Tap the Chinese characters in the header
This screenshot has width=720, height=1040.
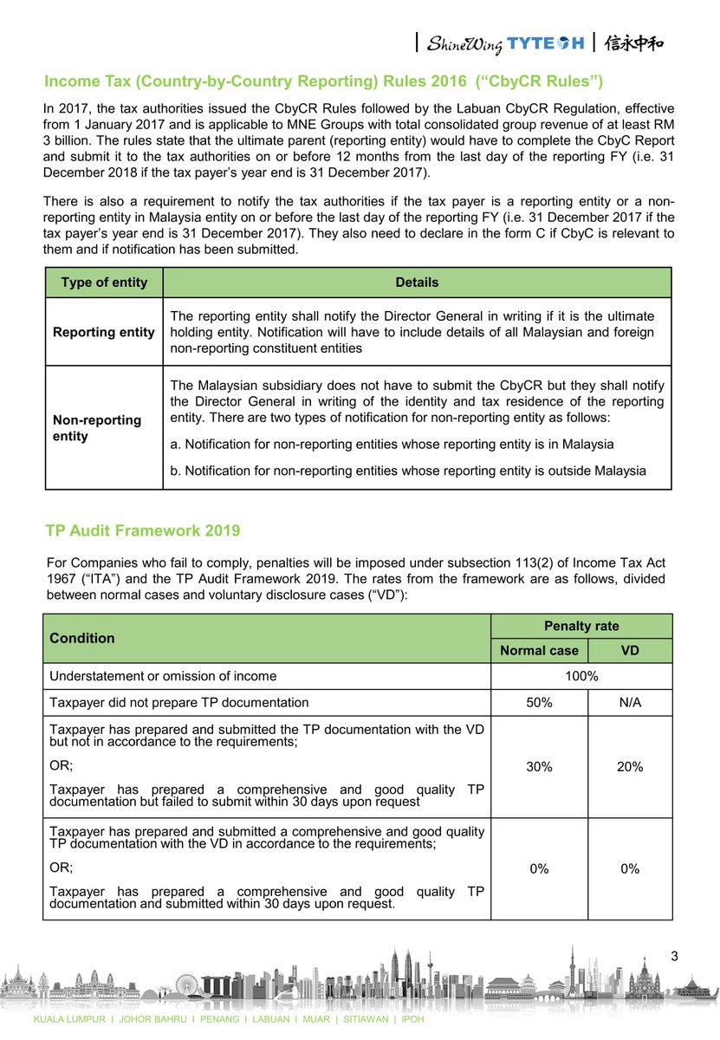click(x=634, y=42)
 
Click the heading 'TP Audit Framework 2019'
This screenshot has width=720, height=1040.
click(x=143, y=530)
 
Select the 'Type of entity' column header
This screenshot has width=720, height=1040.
click(x=104, y=283)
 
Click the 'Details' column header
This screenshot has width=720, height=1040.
click(x=417, y=283)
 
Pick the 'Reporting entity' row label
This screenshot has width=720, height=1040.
click(x=104, y=332)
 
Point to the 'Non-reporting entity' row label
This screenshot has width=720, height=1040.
click(x=96, y=428)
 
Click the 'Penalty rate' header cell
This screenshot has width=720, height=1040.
click(x=581, y=626)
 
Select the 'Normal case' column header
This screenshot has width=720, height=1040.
click(x=539, y=651)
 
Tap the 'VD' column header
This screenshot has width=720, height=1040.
click(x=630, y=651)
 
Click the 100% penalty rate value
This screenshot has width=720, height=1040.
click(x=581, y=676)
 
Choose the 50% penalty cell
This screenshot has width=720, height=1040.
click(x=539, y=702)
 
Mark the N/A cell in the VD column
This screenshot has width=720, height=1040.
click(x=630, y=702)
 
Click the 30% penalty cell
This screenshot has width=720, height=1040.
click(x=539, y=767)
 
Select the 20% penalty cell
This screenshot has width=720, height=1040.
click(x=630, y=767)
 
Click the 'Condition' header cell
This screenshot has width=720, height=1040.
click(x=82, y=639)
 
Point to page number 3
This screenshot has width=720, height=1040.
click(x=675, y=956)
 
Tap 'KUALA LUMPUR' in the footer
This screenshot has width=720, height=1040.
click(x=68, y=1019)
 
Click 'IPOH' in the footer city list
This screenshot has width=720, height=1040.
click(x=412, y=1019)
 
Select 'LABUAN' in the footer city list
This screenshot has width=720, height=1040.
click(x=269, y=1019)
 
